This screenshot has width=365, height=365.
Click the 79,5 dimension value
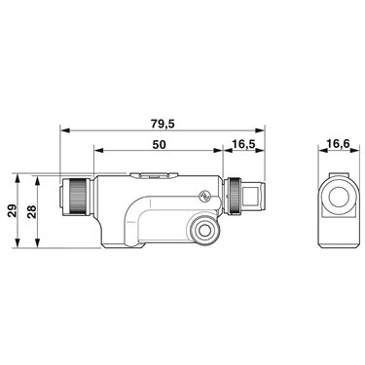[x=163, y=124]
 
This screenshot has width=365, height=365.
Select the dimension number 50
[x=159, y=145]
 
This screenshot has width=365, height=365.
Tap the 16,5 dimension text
[x=243, y=145]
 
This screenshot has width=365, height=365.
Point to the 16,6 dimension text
[x=339, y=143]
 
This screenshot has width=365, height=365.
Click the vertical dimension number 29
[x=12, y=211]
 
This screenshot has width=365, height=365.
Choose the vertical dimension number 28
[x=31, y=211]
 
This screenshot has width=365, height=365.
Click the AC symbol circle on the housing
[x=204, y=196]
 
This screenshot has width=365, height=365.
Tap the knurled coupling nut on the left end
[x=77, y=197]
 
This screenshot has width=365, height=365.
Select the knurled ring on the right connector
[x=235, y=197]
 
